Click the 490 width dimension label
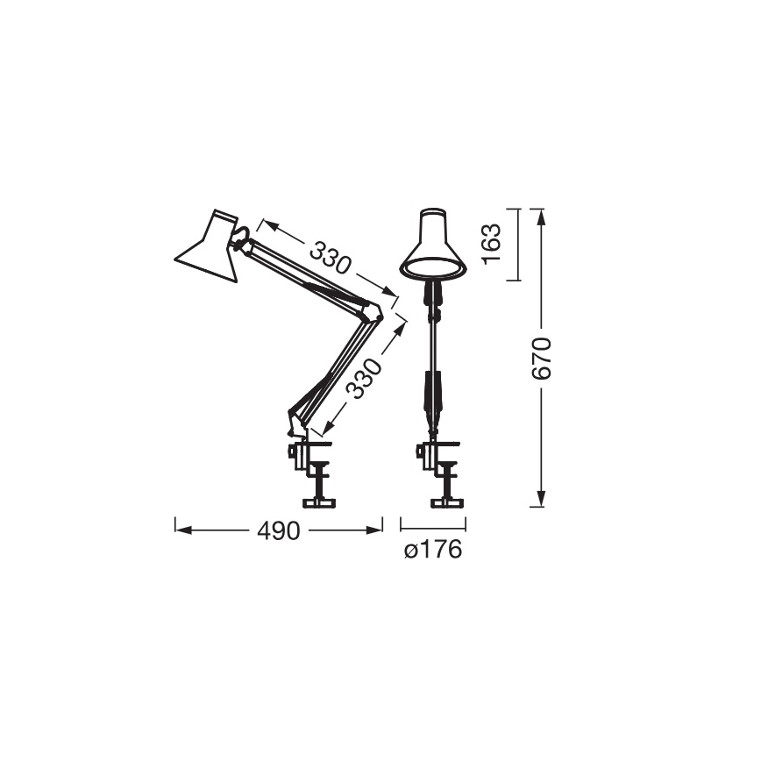click(278, 530)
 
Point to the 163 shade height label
click(493, 245)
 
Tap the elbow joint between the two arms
click(376, 311)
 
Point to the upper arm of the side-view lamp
click(311, 275)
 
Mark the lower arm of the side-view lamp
click(338, 368)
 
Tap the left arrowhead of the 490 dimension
click(180, 530)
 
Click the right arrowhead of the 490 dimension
click(379, 530)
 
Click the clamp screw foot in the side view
click(319, 502)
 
